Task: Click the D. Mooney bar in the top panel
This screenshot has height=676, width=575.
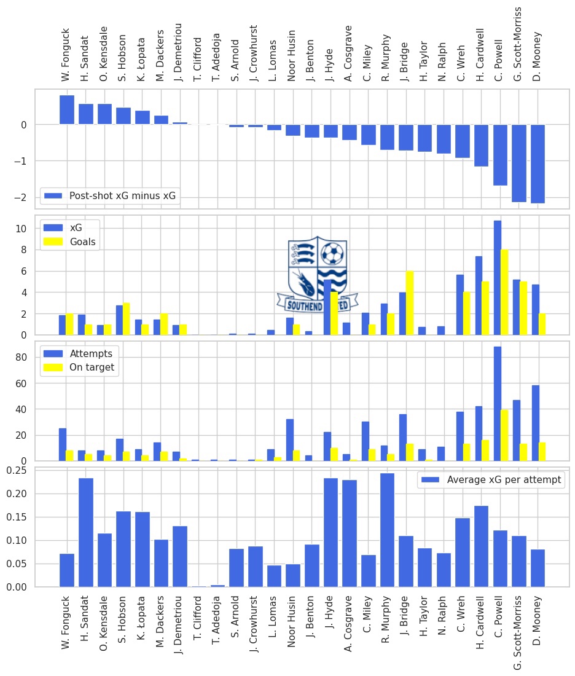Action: point(538,163)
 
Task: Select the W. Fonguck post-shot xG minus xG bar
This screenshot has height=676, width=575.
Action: point(67,110)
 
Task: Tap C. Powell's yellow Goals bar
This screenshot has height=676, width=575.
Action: point(504,293)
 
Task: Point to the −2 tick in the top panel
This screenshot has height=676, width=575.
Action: point(23,197)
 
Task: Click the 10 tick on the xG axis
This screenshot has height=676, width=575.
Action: point(22,229)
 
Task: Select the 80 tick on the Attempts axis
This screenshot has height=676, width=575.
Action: point(22,357)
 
